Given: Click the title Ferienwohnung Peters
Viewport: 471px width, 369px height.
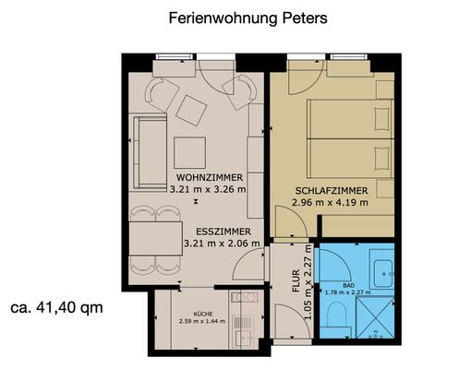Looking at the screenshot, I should (235, 18).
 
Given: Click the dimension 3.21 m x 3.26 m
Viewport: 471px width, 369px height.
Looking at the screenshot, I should (208, 189).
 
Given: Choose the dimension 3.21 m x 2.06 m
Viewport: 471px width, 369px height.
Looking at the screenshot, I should (221, 244).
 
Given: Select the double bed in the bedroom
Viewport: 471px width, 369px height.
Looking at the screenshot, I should (346, 138).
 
